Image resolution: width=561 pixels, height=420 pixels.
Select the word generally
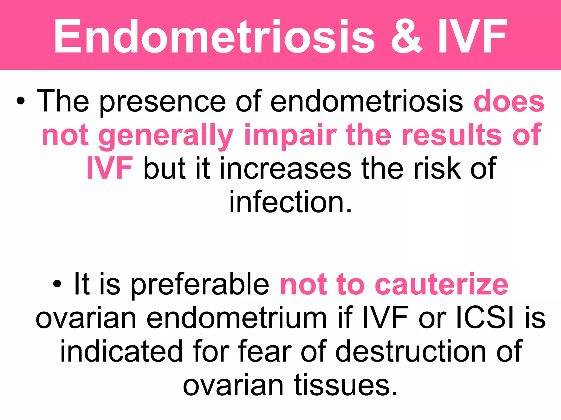coord(166,135)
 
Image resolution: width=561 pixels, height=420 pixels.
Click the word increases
coord(285,168)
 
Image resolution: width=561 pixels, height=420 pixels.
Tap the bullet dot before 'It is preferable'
coord(57,284)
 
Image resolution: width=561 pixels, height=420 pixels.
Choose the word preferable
coord(200,284)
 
